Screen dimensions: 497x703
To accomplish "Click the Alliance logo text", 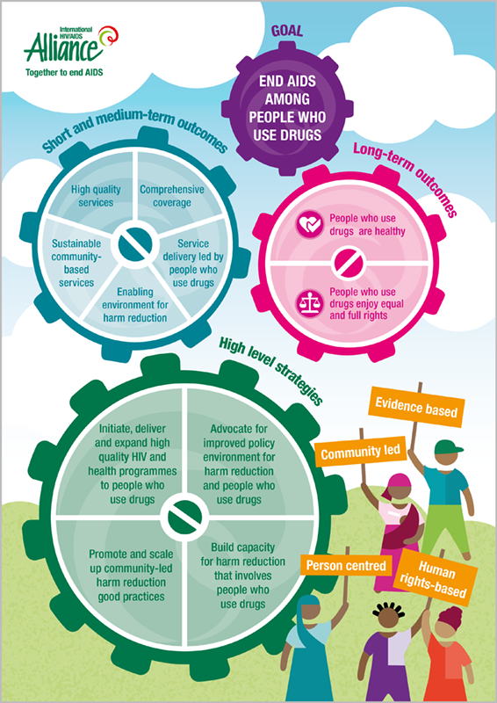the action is pos(61,48).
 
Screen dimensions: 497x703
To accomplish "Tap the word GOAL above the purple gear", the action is pos(287,31).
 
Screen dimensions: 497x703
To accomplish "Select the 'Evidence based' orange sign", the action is pos(416,408).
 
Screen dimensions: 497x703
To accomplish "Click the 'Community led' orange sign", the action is pos(360,452).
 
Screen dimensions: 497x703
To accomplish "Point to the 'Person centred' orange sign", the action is pos(346,565).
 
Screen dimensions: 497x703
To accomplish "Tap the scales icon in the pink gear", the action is pos(310,303).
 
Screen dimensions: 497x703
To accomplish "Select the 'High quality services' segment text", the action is pos(96,195).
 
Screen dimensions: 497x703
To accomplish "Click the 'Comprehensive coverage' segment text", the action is pos(172,196).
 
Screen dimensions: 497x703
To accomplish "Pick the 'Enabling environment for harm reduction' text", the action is pos(135,305).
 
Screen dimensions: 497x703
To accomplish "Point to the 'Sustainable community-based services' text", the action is pos(76,263).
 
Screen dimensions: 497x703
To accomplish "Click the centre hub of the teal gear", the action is pos(133,244).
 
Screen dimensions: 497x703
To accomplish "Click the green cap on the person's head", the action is pos(449,446).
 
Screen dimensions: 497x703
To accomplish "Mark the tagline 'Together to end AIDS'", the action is pos(64,72).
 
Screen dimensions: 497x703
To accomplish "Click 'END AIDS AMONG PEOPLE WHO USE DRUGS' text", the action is pos(287,108).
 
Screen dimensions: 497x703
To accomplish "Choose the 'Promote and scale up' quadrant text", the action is pos(131,576).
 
